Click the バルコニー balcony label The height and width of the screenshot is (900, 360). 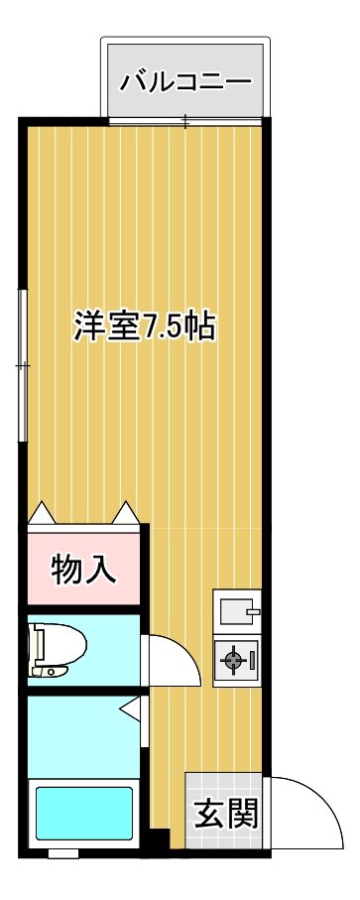click(x=185, y=82)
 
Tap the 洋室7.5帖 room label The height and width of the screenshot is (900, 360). click(x=144, y=327)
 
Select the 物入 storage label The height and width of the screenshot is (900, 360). click(x=83, y=570)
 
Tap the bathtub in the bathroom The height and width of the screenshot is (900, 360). click(x=84, y=814)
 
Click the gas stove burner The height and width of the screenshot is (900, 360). click(x=233, y=660)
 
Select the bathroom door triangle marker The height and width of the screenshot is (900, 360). click(x=130, y=707)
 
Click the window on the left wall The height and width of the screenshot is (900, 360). click(x=23, y=365)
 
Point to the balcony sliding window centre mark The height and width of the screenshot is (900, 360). click(x=185, y=121)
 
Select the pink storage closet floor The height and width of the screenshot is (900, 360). click(x=83, y=569)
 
